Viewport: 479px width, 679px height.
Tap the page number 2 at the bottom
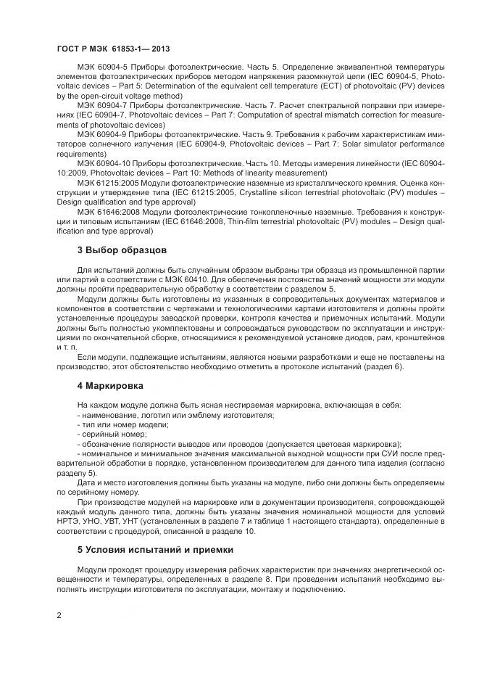(59, 615)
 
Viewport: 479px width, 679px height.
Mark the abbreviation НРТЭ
(70, 521)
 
